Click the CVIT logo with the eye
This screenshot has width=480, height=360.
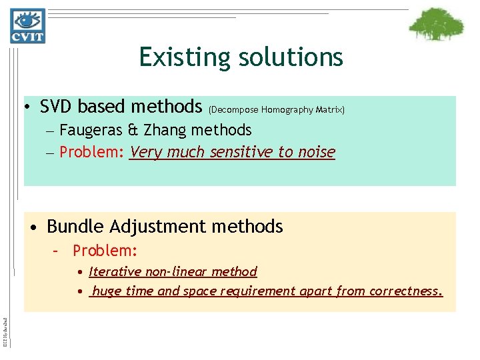[27, 26]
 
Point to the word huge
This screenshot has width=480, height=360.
[107, 291]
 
